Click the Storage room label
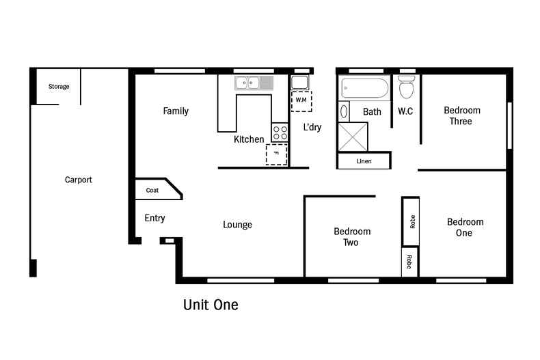(x=59, y=86)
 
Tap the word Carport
(x=79, y=180)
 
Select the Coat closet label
(x=152, y=191)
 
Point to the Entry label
(x=154, y=218)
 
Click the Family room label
(x=176, y=111)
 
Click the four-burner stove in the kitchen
(x=280, y=133)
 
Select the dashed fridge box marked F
(x=276, y=154)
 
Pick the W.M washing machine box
(x=301, y=101)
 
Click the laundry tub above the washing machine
(x=299, y=83)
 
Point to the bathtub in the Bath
(x=365, y=88)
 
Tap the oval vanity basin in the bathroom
(x=344, y=111)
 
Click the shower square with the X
(x=353, y=137)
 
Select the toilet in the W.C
(x=407, y=87)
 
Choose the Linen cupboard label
(x=364, y=161)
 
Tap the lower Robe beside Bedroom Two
(x=409, y=262)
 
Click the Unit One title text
(x=211, y=305)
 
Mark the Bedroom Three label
(x=462, y=115)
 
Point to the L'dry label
(x=312, y=127)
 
